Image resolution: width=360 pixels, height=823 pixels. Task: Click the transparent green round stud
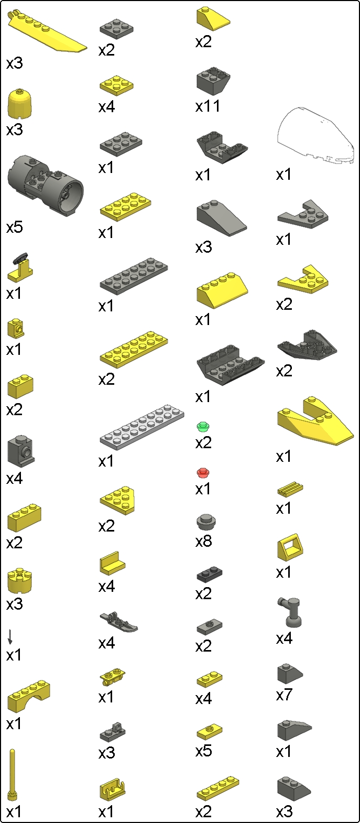pyautogui.click(x=203, y=426)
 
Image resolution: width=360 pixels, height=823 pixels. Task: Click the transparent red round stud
pyautogui.click(x=203, y=473)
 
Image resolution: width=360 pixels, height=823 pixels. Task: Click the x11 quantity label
pyautogui.click(x=208, y=106)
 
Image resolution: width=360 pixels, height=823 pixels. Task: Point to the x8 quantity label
pyautogui.click(x=203, y=541)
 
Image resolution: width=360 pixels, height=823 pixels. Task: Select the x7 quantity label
pyautogui.click(x=284, y=695)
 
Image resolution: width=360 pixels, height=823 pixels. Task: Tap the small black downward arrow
pyautogui.click(x=10, y=636)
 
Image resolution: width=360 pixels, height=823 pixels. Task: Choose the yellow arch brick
pyautogui.click(x=29, y=696)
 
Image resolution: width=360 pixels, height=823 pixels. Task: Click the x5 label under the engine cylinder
pyautogui.click(x=14, y=228)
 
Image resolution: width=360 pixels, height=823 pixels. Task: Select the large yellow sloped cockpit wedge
pyautogui.click(x=314, y=421)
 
